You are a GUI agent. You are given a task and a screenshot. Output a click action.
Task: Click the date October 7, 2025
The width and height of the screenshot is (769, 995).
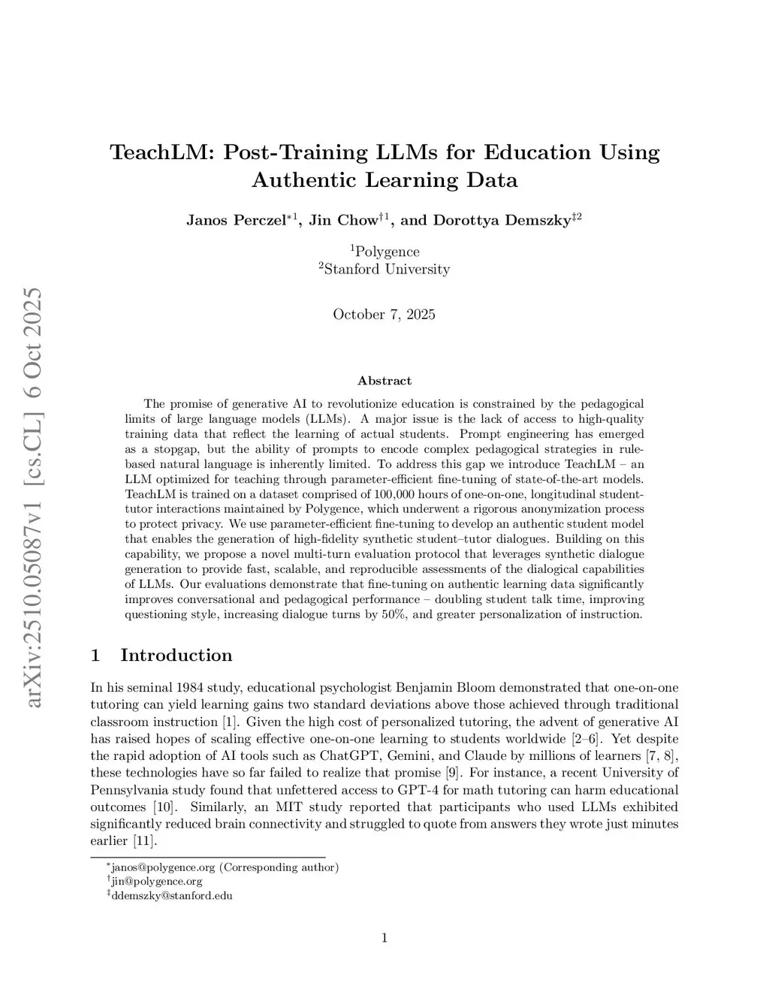[x=384, y=314]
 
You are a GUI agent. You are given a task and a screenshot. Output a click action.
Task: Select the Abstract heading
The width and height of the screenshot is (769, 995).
[x=384, y=381]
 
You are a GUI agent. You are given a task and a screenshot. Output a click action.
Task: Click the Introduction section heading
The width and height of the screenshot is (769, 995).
[x=176, y=655]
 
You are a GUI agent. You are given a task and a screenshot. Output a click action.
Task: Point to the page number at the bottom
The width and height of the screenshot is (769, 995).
[x=384, y=936]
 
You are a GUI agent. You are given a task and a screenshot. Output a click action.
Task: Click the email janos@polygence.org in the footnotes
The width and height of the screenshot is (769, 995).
[x=161, y=867]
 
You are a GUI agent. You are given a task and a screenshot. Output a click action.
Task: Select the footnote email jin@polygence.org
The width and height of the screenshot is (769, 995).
[x=156, y=881]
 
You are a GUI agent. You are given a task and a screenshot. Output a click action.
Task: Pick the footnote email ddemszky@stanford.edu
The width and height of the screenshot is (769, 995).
[x=171, y=895]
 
